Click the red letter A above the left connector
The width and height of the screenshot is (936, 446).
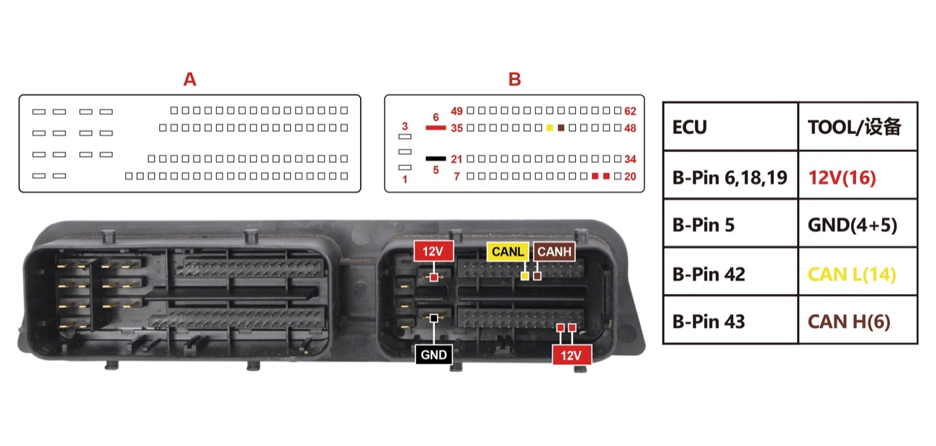pyautogui.click(x=189, y=79)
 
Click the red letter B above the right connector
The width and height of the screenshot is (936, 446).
pyautogui.click(x=514, y=79)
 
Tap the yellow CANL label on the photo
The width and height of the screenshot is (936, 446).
pyautogui.click(x=508, y=251)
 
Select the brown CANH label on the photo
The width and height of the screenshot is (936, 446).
pyautogui.click(x=554, y=251)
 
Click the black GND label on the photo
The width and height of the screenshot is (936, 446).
pyautogui.click(x=433, y=354)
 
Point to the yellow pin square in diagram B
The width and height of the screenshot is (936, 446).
pyautogui.click(x=550, y=128)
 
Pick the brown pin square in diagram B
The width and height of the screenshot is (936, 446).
pyautogui.click(x=561, y=128)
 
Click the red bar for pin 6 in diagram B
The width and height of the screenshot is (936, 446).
pyautogui.click(x=436, y=128)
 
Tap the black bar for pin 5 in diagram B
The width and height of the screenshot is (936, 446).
pyautogui.click(x=436, y=159)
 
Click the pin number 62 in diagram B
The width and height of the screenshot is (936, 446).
pyautogui.click(x=630, y=111)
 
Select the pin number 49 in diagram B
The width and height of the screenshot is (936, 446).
pyautogui.click(x=456, y=111)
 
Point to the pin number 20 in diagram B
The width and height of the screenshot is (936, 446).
pyautogui.click(x=630, y=177)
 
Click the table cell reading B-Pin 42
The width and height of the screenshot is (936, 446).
pyautogui.click(x=708, y=275)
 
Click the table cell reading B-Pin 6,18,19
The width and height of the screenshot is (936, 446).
pyautogui.click(x=729, y=178)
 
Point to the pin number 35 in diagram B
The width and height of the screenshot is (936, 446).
pyautogui.click(x=456, y=128)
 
